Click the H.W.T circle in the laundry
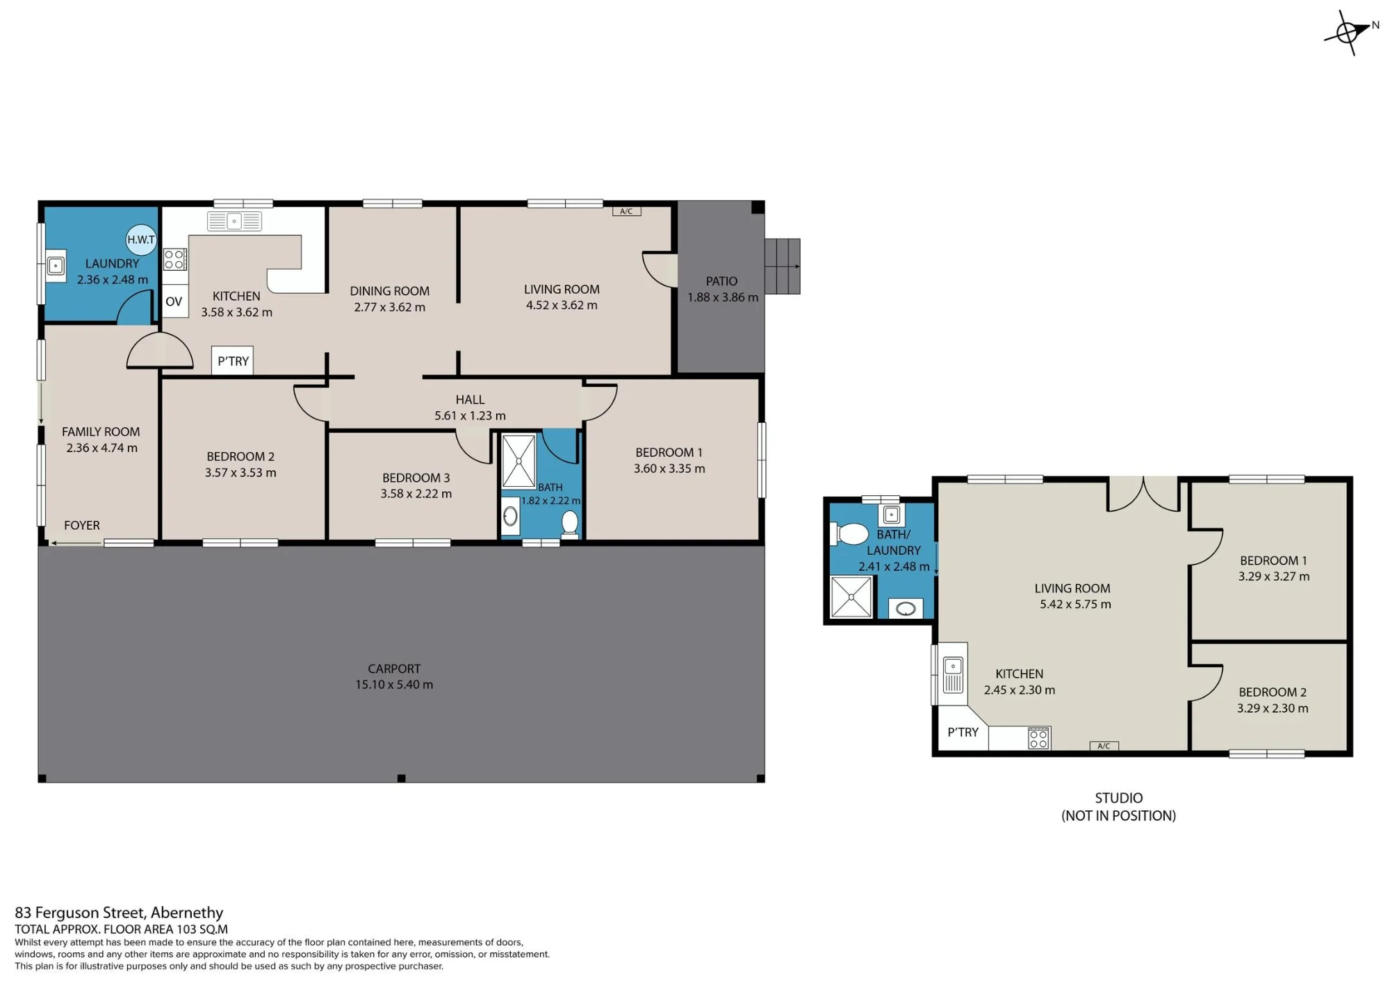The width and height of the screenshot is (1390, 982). click(141, 240)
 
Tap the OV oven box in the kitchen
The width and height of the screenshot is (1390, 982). click(174, 301)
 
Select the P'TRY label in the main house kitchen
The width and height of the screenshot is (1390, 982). click(233, 361)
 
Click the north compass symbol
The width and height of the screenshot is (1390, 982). click(1350, 32)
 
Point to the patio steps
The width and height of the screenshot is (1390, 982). click(783, 266)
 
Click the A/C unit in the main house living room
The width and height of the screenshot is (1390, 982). click(626, 211)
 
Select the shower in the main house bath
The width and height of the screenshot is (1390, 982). click(518, 461)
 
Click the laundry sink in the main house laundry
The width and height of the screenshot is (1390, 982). click(56, 265)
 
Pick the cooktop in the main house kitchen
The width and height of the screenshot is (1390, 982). click(174, 260)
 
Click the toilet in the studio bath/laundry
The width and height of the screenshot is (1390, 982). click(849, 534)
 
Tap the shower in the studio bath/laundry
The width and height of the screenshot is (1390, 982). click(851, 597)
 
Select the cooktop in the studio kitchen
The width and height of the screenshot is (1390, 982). click(1038, 738)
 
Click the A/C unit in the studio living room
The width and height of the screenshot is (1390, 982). click(1104, 746)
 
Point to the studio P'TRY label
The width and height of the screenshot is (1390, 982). click(963, 732)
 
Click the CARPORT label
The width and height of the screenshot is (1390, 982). click(394, 669)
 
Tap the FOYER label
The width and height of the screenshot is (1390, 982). click(82, 526)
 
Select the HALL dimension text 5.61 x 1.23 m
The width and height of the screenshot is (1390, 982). click(470, 416)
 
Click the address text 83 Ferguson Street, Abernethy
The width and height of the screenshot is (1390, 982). click(119, 913)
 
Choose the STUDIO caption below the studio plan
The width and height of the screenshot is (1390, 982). click(1119, 798)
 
